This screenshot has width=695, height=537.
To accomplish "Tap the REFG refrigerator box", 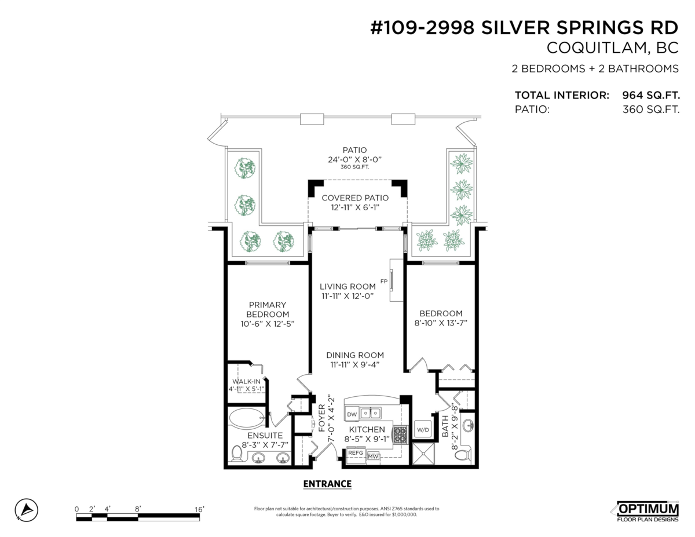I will coord(356,454).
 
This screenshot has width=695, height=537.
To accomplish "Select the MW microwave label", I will coord(374,455).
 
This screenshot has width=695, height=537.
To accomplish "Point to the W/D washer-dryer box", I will coord(423,430).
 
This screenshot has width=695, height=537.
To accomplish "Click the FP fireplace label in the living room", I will coord(383,282).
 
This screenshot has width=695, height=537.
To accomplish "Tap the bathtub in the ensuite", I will coord(247,417).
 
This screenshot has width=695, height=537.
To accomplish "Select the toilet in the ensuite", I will coord(237,455).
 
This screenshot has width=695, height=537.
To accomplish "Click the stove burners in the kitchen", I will coord(399,434).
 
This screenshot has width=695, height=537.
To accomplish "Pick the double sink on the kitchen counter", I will coord(371,413).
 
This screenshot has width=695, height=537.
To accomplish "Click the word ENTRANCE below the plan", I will coord(327,484).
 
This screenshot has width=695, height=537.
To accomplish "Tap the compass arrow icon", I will coord(26,510).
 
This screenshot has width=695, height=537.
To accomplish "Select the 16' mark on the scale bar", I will coord(199,509).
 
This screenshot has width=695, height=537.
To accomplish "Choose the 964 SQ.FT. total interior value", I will coord(650,95).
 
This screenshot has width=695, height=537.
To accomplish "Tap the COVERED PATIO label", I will coord(355,198).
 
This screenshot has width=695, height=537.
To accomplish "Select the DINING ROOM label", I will coord(354,355).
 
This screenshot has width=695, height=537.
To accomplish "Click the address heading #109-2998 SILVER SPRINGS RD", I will coord(524,28).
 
